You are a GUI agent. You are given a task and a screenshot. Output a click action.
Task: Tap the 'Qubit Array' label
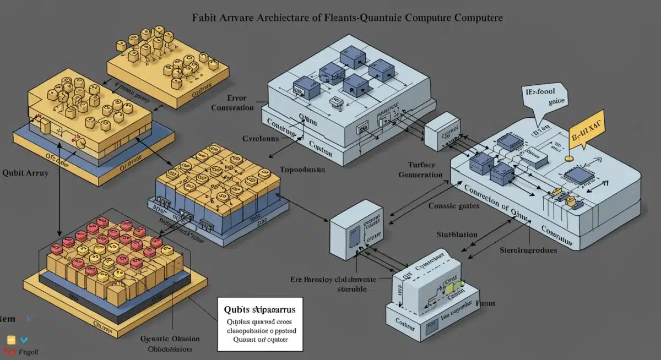(x=25, y=173)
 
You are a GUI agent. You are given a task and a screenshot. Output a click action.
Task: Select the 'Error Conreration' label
(x=232, y=103)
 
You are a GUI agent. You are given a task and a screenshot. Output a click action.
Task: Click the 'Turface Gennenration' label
(x=421, y=170)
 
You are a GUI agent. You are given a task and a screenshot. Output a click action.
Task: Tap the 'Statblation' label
(x=457, y=234)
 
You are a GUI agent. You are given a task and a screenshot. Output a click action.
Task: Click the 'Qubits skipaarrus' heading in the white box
(x=261, y=308)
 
